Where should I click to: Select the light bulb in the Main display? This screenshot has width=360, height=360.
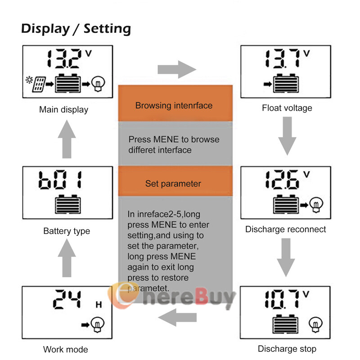coord(97,83)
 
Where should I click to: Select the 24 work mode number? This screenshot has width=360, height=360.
coord(67,300)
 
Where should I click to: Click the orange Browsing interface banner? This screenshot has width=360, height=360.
coord(174,106)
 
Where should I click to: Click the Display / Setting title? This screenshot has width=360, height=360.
coord(76,29)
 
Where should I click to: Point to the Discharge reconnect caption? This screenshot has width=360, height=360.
coord(285,229)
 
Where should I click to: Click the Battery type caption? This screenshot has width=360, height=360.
coord(67,231)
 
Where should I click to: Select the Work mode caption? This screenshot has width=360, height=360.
coord(66,349)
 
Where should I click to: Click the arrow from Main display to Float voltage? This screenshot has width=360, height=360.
coord(177,70)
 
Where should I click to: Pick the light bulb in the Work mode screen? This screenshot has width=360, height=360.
coord(97,324)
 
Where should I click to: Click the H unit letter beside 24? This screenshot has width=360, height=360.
coord(99,305)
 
